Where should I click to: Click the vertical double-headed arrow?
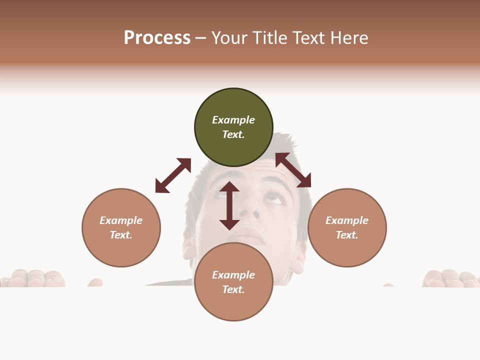point(229,205)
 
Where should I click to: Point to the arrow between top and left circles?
point(173,175)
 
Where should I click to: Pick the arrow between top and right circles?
point(293,170)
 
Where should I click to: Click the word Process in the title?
point(157,37)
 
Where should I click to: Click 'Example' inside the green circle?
point(233,120)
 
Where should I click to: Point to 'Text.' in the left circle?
point(121,235)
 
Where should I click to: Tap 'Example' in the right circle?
point(347,220)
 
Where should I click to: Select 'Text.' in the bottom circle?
point(233,289)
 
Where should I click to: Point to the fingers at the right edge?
point(450,278)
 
